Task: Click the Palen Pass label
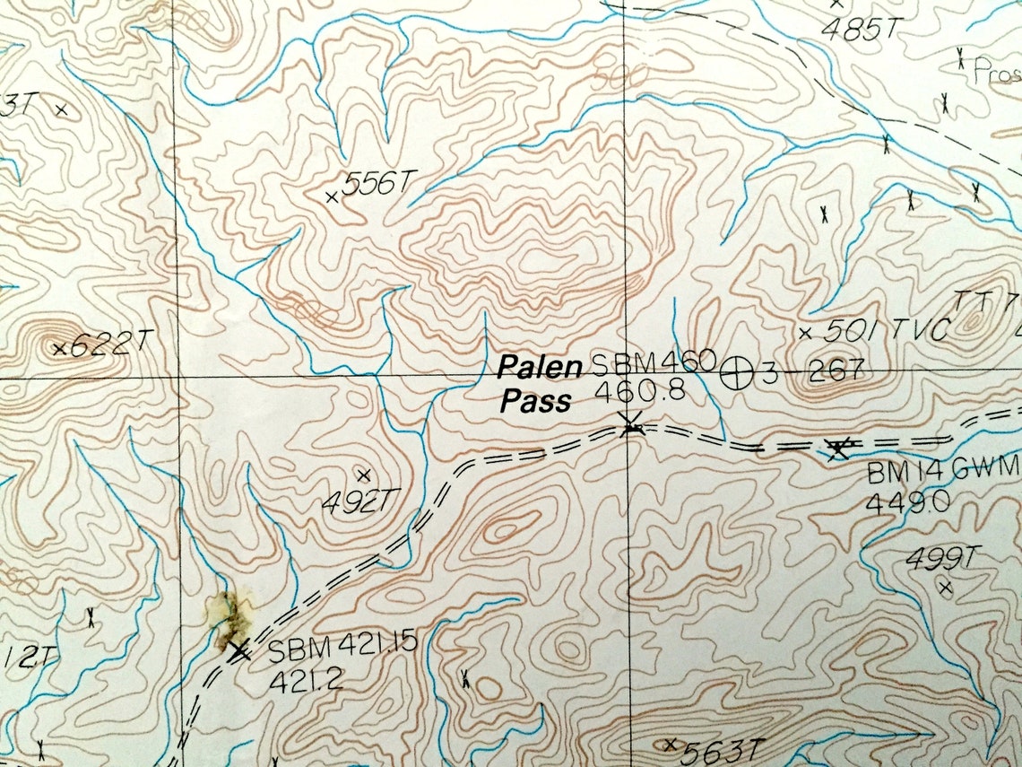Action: [x=535, y=383]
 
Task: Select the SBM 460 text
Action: [x=651, y=363]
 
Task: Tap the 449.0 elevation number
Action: [x=907, y=501]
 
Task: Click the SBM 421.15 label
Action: [x=342, y=645]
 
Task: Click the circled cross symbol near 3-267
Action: [x=737, y=371]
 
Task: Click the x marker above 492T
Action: [x=363, y=475]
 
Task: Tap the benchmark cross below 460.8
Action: [x=631, y=424]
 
